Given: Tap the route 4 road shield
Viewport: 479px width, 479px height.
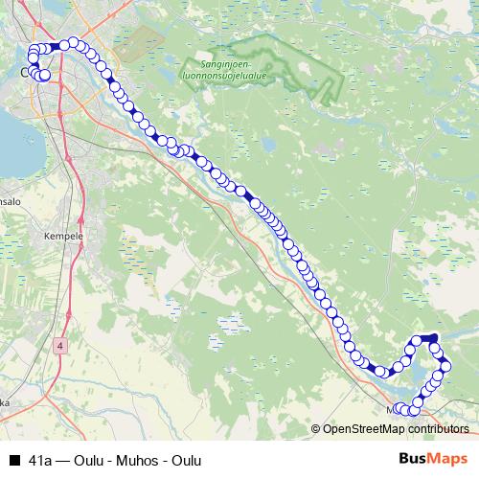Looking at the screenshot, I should (x=60, y=345).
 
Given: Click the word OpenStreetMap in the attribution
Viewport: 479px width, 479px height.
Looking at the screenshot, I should (x=365, y=429).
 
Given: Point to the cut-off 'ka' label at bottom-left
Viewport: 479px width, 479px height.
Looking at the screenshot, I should (x=5, y=403).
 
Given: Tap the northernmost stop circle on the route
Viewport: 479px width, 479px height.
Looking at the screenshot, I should (x=73, y=43).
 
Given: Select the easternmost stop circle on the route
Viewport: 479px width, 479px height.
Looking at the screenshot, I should (x=445, y=366).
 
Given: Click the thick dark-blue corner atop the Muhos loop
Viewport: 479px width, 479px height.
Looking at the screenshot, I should (x=433, y=337).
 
